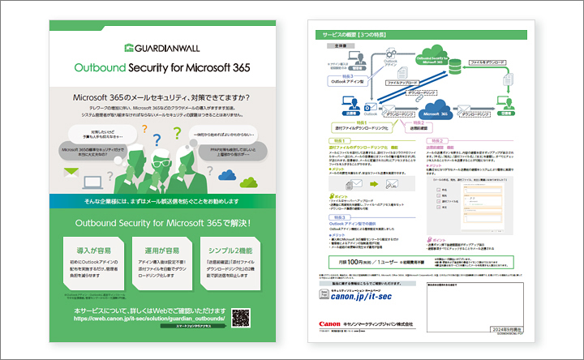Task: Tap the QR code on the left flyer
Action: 241,317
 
